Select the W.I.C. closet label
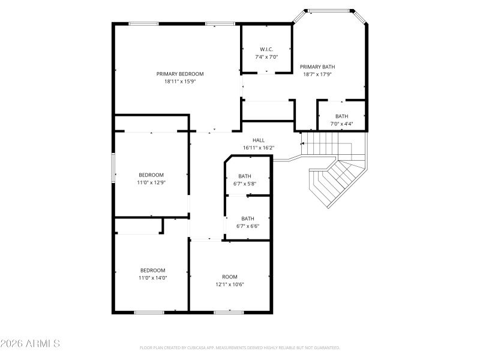[266, 49]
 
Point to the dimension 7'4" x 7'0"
[266, 56]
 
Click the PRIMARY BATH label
[317, 67]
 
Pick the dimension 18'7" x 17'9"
[317, 74]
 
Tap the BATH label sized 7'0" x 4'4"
[341, 116]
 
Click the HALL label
[259, 140]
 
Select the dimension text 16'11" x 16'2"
[259, 148]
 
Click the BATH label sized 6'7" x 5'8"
[245, 176]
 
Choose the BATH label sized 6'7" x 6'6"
[247, 218]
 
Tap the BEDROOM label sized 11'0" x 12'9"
[151, 175]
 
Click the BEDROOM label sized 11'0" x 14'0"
[152, 270]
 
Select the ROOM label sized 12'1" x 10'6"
[230, 277]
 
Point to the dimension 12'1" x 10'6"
[230, 284]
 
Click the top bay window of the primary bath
[329, 10]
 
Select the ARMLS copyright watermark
[30, 344]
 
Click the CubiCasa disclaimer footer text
[240, 347]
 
